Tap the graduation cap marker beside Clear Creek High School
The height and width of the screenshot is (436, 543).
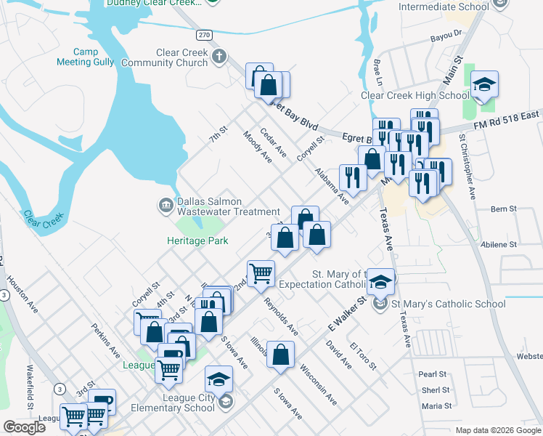coord(484,86)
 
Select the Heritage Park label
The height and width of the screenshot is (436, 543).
coord(197,241)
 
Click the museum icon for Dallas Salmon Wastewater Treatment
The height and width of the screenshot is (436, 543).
coord(166,206)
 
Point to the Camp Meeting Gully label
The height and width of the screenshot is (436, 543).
coord(85,57)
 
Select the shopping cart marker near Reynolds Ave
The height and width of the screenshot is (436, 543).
coord(261,275)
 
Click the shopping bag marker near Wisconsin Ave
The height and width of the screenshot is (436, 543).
coord(280,356)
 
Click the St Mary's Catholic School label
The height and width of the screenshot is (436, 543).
coord(449,304)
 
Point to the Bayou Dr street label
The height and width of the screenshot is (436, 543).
coord(446,34)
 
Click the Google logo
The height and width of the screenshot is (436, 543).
coord(24,427)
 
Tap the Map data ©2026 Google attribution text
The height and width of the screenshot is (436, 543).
coord(497,430)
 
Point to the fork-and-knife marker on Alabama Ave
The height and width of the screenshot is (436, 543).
coord(353,179)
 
